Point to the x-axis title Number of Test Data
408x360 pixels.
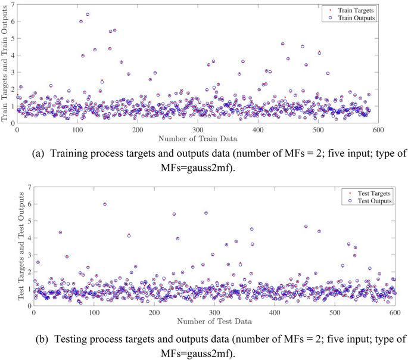coord(214,321)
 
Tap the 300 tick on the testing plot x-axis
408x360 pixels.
coord(214,312)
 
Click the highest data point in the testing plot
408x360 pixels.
coord(105,204)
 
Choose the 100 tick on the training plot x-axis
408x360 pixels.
coord(77,130)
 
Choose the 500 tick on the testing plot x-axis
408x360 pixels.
coord(334,312)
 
